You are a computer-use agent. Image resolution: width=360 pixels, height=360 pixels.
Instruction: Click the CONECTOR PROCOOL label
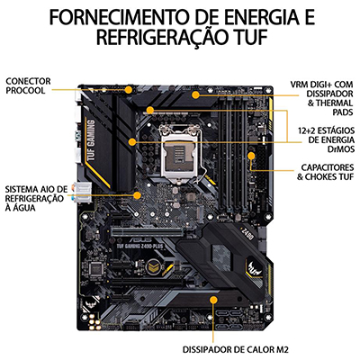(x=28, y=85)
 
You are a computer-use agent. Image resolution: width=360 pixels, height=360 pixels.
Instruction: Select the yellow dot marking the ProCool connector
(x=129, y=89)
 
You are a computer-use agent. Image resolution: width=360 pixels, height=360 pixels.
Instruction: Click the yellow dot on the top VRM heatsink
(x=195, y=95)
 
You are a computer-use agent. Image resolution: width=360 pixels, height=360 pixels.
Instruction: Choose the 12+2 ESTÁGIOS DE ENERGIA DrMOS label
(x=327, y=139)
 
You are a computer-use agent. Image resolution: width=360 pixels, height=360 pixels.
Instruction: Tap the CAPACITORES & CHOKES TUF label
(x=326, y=172)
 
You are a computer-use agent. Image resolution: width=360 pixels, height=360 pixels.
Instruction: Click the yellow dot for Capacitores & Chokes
(x=251, y=156)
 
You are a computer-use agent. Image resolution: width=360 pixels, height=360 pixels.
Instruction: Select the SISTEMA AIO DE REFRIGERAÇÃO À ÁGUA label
(x=36, y=198)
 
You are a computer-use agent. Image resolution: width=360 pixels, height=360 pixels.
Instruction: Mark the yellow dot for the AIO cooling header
(x=137, y=195)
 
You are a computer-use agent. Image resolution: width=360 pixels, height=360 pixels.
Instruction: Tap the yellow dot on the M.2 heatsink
(x=213, y=301)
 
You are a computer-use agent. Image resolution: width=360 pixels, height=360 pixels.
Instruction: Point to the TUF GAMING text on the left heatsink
(x=91, y=139)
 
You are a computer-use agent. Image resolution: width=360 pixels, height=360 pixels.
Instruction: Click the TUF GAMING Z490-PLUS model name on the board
(x=138, y=246)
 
